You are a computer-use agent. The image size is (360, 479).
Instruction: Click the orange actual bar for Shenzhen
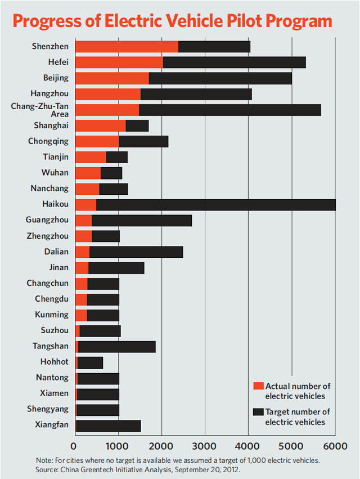[x=127, y=47]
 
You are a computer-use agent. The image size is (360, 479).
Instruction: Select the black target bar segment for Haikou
[x=215, y=204]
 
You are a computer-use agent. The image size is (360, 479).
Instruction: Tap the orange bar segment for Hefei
[x=119, y=62]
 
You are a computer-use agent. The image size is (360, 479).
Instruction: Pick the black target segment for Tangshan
[x=116, y=346]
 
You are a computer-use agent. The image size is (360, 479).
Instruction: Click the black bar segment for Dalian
[x=136, y=252]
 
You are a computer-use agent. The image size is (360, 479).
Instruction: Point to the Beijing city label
[x=56, y=78]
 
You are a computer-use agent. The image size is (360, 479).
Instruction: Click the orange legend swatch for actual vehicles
[x=258, y=386]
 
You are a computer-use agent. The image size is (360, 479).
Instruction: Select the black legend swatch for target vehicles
[x=258, y=412]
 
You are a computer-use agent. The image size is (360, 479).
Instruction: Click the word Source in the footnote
[x=48, y=468]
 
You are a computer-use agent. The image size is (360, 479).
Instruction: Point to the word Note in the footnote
[x=44, y=460]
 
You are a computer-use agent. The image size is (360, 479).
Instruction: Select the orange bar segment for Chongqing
[x=97, y=141]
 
